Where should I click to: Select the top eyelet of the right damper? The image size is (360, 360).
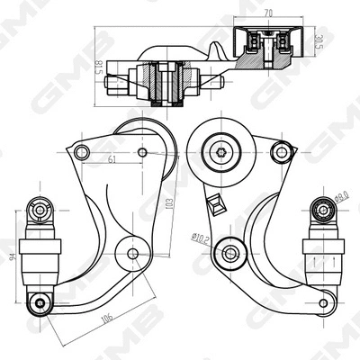click(321, 210)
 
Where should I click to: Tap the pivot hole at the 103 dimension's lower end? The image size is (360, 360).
click(133, 254)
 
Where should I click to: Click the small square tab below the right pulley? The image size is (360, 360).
click(215, 204)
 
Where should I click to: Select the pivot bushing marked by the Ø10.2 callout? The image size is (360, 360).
click(229, 253)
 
